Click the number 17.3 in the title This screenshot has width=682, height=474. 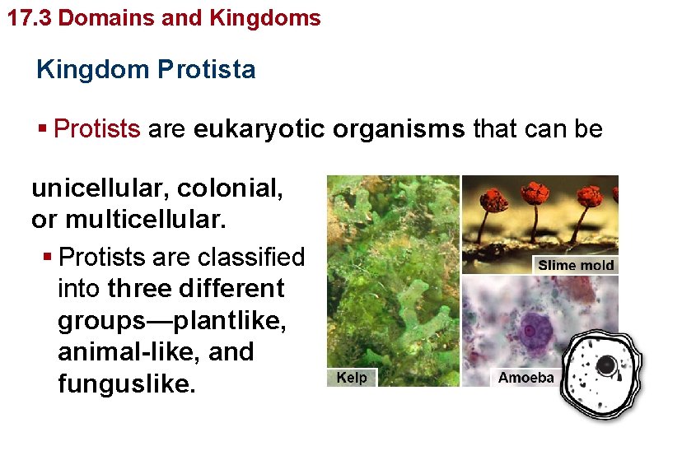click(30, 17)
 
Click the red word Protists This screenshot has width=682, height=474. click(97, 129)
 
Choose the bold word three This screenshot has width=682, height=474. click(139, 289)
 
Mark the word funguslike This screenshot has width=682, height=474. click(127, 383)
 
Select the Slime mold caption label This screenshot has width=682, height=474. click(575, 264)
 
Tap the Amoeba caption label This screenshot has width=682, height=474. click(526, 378)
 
